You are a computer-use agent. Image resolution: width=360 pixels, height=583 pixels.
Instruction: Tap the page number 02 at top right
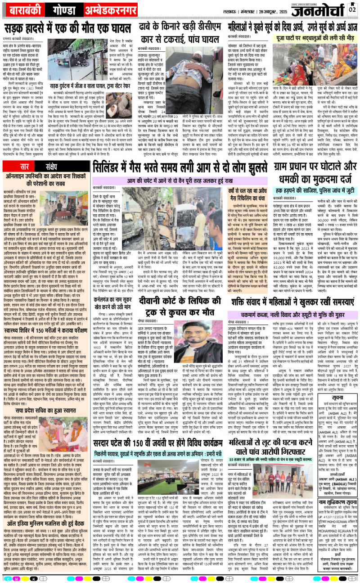[352, 10]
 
